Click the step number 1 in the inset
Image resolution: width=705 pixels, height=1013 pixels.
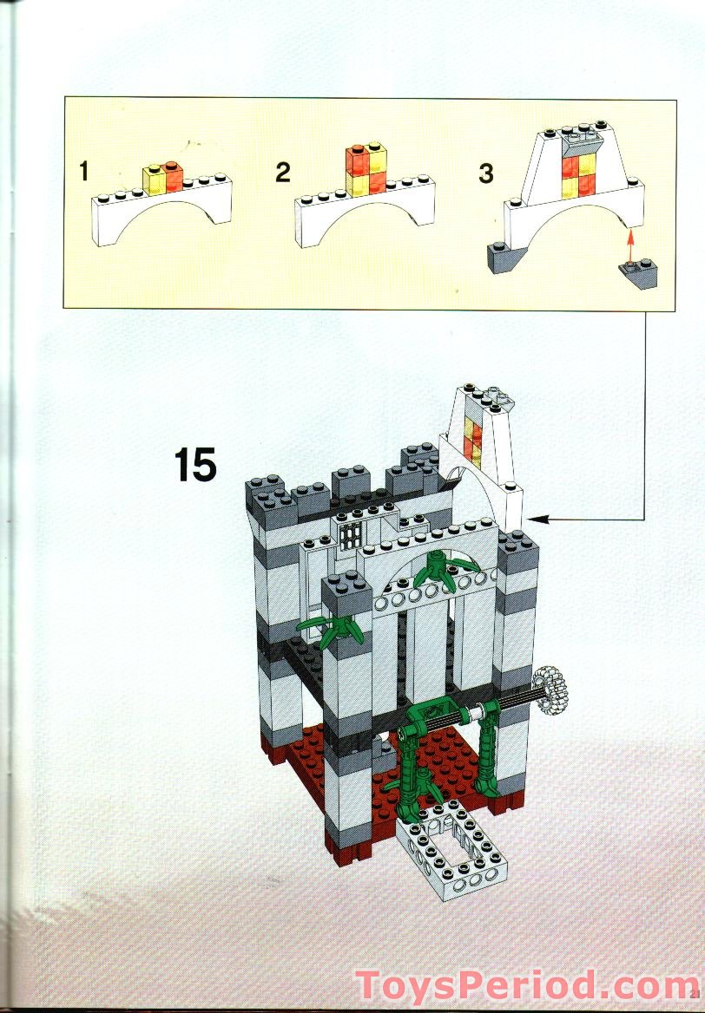83,171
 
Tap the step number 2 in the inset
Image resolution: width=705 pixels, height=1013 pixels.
282,172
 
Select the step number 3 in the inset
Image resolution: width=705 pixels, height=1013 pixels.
485,173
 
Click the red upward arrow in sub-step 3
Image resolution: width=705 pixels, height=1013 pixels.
630,240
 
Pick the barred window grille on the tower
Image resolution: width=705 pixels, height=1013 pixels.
351,535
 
